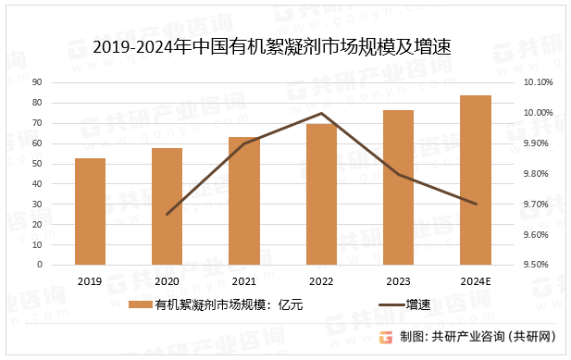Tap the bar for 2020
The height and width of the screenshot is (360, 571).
point(167,206)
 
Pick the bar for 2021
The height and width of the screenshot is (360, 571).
point(244,201)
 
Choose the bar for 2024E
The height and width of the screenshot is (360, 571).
point(476,180)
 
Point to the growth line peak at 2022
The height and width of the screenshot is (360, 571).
point(321,114)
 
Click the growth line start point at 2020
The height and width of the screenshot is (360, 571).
point(167,215)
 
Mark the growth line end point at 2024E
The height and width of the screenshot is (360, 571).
point(476,204)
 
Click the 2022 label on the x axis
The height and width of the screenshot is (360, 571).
point(321,281)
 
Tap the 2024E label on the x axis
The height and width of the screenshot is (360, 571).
point(476,281)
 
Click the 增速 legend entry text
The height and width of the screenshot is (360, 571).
point(420,304)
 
